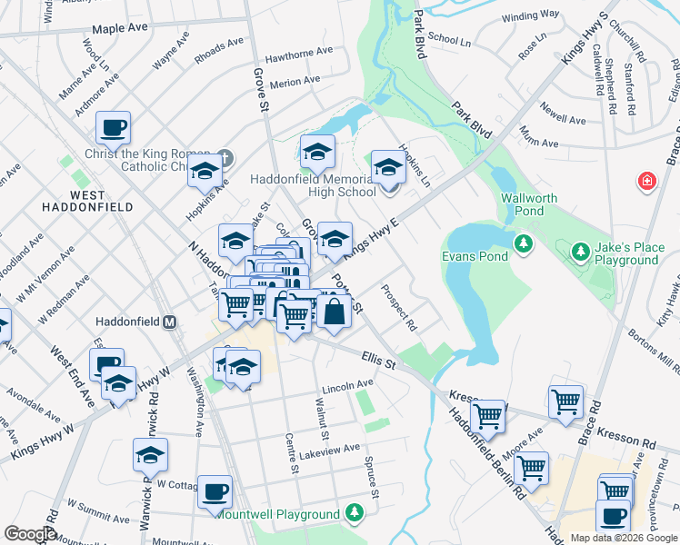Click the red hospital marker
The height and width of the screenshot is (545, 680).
(x=646, y=182)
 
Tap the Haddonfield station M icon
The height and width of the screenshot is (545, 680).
(x=169, y=322)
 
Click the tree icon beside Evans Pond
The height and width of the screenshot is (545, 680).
(x=523, y=243)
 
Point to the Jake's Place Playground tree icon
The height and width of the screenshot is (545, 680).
(x=578, y=250)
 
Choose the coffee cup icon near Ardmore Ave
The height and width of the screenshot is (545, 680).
(x=113, y=128)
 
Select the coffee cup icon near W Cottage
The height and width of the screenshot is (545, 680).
(x=215, y=491)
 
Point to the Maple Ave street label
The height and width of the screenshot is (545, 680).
(x=120, y=28)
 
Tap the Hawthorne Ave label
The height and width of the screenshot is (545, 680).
(x=282, y=55)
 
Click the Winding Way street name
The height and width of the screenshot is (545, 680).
(x=530, y=15)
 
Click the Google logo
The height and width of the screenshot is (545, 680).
(x=29, y=534)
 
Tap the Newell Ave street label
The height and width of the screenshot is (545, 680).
(x=563, y=119)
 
